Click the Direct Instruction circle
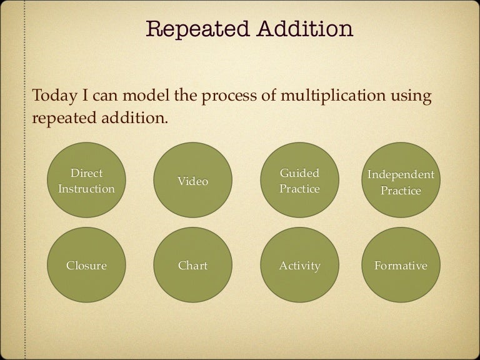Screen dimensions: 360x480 86,181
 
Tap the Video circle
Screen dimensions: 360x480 192,181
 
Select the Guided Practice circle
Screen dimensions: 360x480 299,181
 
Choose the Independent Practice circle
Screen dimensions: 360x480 401,182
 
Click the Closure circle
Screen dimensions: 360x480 86,266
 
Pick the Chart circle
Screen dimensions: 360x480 192,266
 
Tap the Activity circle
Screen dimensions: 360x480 299,266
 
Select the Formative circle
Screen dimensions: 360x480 401,266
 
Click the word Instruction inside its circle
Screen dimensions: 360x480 86,189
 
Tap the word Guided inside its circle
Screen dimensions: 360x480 299,173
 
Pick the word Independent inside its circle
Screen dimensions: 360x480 401,174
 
